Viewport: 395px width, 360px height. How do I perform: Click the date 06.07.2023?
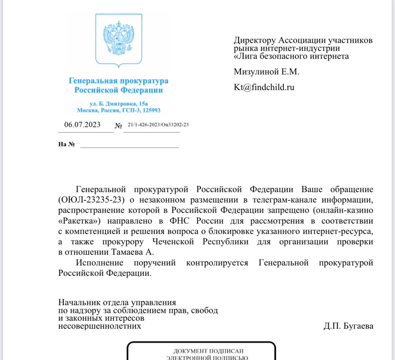click(x=82, y=125)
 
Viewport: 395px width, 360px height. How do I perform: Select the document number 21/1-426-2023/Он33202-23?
click(x=158, y=125)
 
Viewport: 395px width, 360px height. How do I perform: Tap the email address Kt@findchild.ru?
click(x=264, y=87)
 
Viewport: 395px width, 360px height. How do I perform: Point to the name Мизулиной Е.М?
click(x=266, y=72)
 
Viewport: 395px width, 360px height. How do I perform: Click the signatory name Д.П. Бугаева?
click(x=348, y=326)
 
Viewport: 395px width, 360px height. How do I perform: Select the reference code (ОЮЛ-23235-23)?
click(x=91, y=200)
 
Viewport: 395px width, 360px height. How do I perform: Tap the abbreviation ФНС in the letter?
click(x=179, y=221)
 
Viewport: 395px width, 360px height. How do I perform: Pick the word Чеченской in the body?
click(x=173, y=242)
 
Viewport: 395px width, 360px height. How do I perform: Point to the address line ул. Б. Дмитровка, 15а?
click(x=118, y=104)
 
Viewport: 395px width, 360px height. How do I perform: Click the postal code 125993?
click(x=151, y=110)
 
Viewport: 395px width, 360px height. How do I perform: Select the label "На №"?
click(x=66, y=144)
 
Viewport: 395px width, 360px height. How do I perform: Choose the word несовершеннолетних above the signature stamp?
click(x=100, y=326)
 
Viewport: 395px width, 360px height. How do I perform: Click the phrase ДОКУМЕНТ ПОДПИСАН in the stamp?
click(x=208, y=351)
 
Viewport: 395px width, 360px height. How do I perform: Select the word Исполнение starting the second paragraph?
click(x=99, y=263)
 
